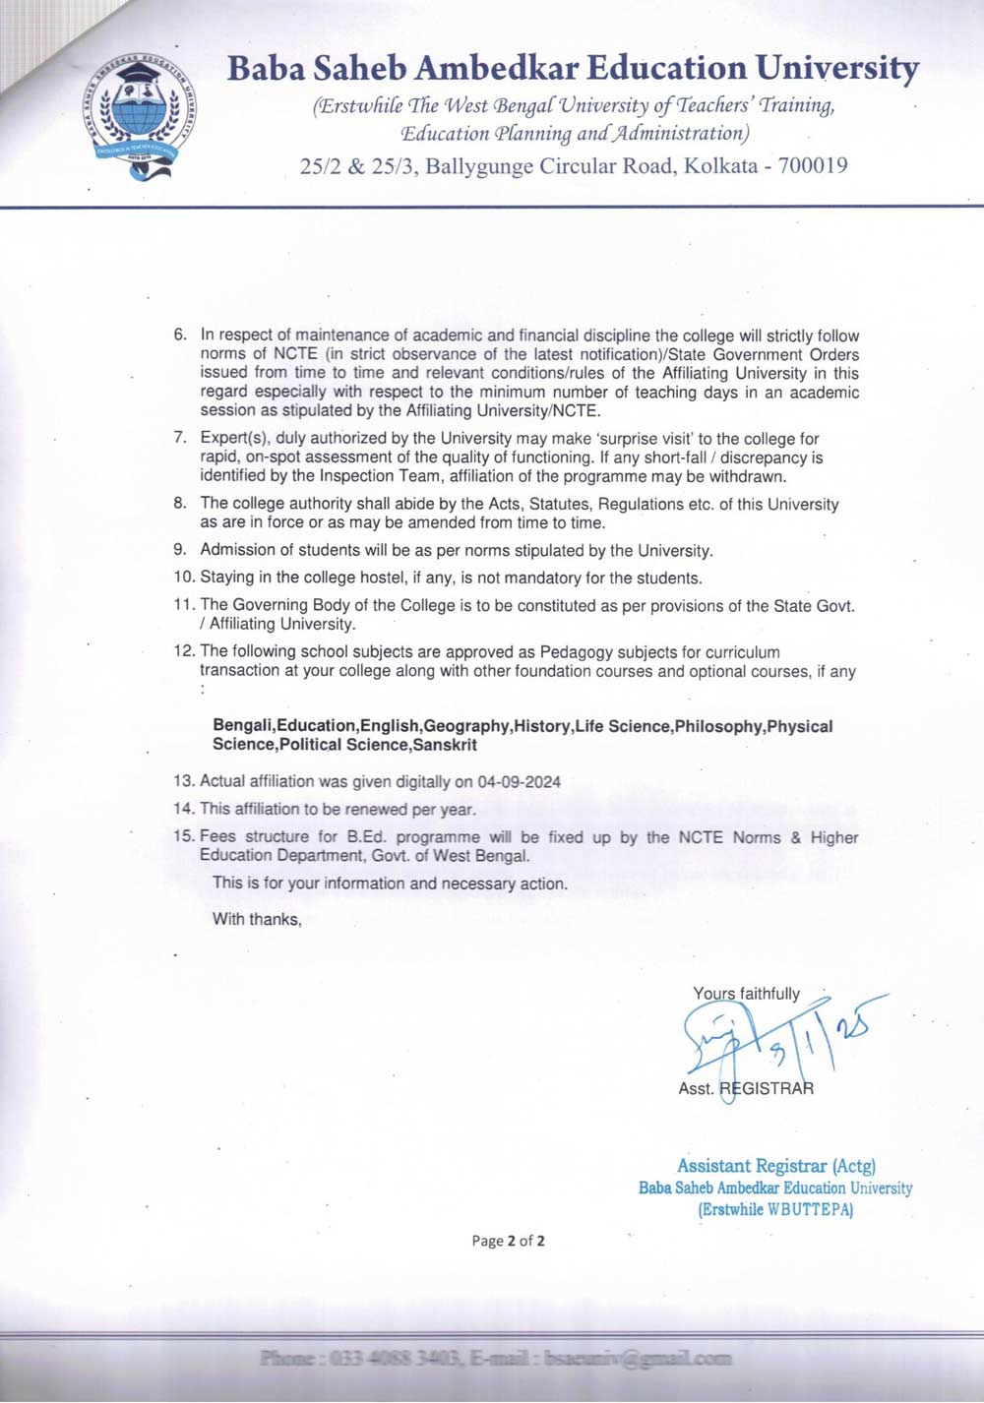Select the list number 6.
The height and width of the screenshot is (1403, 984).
(180, 335)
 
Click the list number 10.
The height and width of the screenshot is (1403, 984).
(183, 579)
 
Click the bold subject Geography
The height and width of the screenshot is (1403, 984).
(467, 726)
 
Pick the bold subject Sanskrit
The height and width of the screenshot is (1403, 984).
(445, 745)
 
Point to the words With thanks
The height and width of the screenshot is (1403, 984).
(257, 920)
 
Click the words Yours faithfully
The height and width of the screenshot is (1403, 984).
(747, 994)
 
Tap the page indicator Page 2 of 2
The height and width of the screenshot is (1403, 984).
(508, 1241)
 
